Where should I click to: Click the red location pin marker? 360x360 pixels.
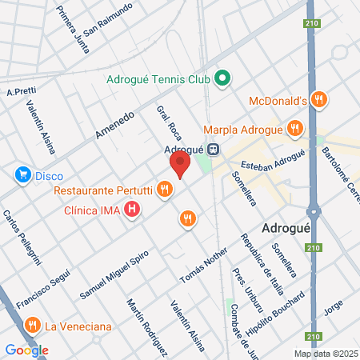coord(179,165)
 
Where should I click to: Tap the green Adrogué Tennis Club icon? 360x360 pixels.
coord(224,79)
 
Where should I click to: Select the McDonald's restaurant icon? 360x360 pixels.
coord(320,100)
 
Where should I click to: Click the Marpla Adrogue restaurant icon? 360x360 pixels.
coord(295,128)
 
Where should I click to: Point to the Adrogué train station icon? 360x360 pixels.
coord(214,148)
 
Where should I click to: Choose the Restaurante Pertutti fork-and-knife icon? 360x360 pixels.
coord(164,190)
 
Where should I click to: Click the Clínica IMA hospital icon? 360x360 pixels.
coord(133,212)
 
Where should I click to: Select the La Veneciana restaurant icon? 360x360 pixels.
coord(32,325)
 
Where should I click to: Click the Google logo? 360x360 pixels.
coord(27,350)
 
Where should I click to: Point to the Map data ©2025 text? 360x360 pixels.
coord(325,354)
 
